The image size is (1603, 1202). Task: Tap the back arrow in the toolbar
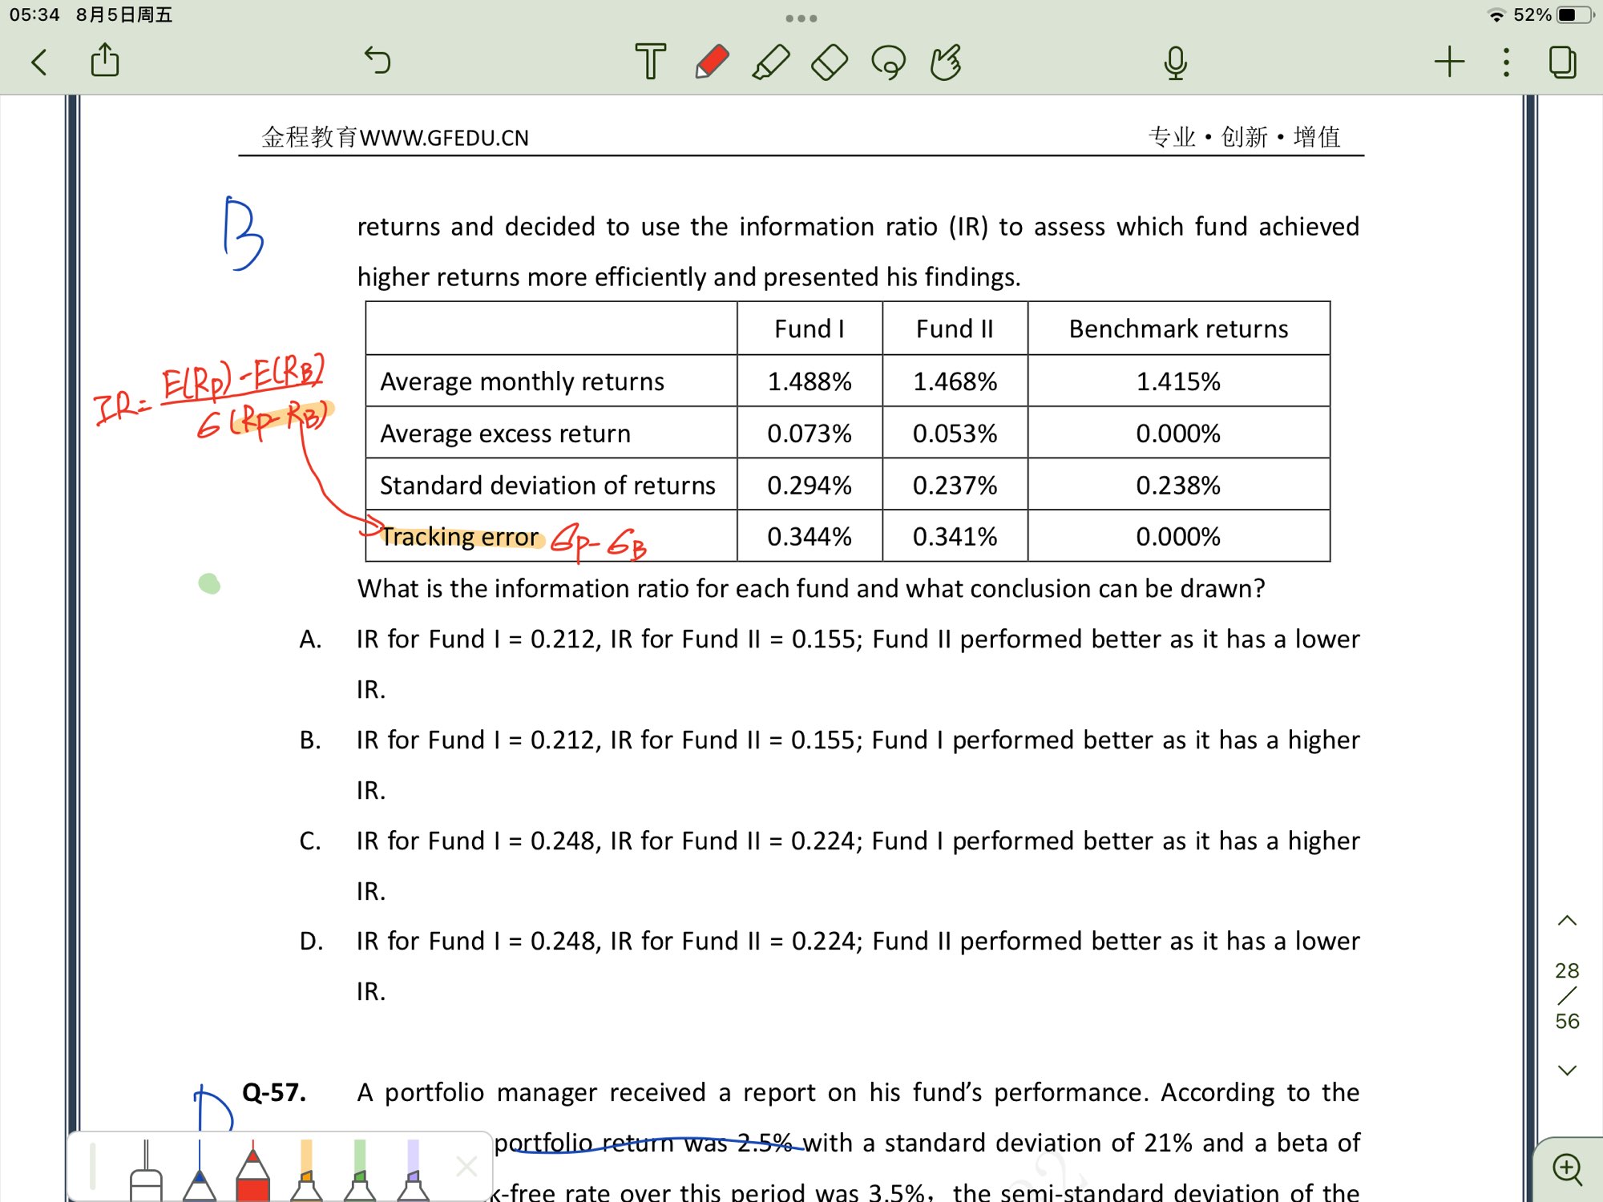coord(39,62)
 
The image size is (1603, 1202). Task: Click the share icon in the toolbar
coord(105,61)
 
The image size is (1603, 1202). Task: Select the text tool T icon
coord(650,62)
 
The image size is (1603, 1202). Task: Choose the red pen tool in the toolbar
coord(711,62)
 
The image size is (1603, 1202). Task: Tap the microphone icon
coord(1175,63)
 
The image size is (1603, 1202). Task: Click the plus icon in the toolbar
coord(1449,62)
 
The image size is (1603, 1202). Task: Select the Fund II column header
coord(955,329)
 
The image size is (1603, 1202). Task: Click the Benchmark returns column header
coord(1178,329)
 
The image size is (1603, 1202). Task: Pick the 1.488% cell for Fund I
coord(810,381)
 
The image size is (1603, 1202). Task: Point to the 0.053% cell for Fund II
coord(955,434)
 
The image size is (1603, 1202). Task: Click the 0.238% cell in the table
coord(1178,485)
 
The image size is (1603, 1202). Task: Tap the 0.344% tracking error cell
coord(810,536)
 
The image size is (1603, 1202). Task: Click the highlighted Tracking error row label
coord(459,536)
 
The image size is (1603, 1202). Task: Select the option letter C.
coord(310,841)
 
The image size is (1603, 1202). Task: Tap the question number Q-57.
coord(274,1092)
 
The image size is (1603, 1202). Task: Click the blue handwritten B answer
coord(241,233)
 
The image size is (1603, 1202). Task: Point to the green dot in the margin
coord(209,583)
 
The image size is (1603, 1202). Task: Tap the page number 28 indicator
coord(1567,971)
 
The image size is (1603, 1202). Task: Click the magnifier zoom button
coord(1567,1169)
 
